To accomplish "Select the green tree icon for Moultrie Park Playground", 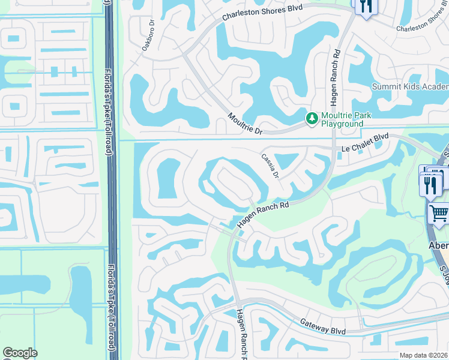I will [312, 118].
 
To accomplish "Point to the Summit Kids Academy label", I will [410, 86].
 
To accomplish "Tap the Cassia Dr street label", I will [270, 165].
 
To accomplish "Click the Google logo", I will [20, 353].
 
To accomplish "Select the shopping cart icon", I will [439, 213].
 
